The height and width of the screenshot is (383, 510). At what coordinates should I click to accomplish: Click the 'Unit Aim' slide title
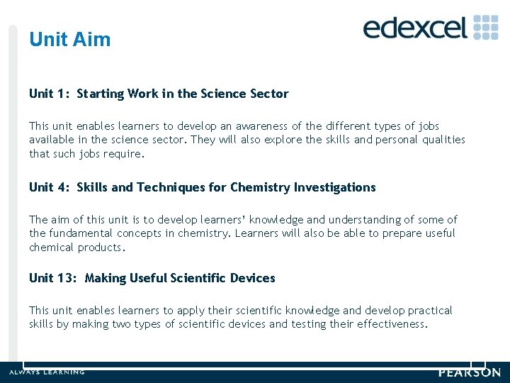pyautogui.click(x=70, y=40)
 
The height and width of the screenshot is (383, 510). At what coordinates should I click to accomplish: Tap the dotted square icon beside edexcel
pyautogui.click(x=486, y=27)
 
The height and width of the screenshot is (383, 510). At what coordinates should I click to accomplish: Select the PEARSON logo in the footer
pyautogui.click(x=470, y=372)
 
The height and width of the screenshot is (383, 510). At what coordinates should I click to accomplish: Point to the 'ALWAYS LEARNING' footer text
pyautogui.click(x=47, y=372)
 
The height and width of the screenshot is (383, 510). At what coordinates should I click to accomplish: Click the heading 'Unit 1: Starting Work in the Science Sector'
pyautogui.click(x=159, y=94)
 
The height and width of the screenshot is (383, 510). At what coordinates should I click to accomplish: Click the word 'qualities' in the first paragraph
pyautogui.click(x=443, y=140)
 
